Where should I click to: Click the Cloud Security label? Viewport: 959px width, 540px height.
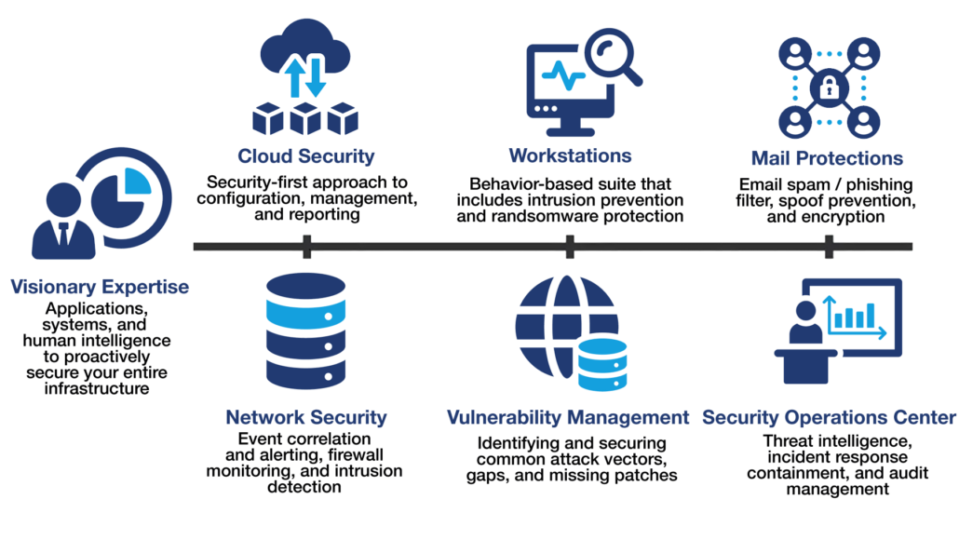click(306, 155)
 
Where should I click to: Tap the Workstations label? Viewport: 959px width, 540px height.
click(570, 155)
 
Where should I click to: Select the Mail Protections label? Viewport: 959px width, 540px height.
click(827, 158)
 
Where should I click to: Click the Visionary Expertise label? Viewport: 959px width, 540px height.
click(100, 287)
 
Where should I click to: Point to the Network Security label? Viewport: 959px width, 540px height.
click(306, 417)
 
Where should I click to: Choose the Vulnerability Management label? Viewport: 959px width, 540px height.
click(568, 417)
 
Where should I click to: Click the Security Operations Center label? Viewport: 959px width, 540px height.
click(829, 417)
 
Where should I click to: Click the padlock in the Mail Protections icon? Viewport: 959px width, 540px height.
click(827, 89)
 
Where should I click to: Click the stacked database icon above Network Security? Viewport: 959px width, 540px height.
click(306, 331)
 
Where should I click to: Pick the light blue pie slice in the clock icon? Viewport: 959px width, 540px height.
click(136, 182)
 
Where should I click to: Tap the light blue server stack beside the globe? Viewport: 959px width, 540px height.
click(601, 364)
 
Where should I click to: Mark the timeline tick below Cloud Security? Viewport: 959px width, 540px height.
click(306, 247)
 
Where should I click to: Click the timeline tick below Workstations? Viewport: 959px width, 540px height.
click(570, 247)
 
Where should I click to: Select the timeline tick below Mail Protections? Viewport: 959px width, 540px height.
click(829, 247)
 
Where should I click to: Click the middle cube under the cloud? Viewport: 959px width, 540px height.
click(306, 119)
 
